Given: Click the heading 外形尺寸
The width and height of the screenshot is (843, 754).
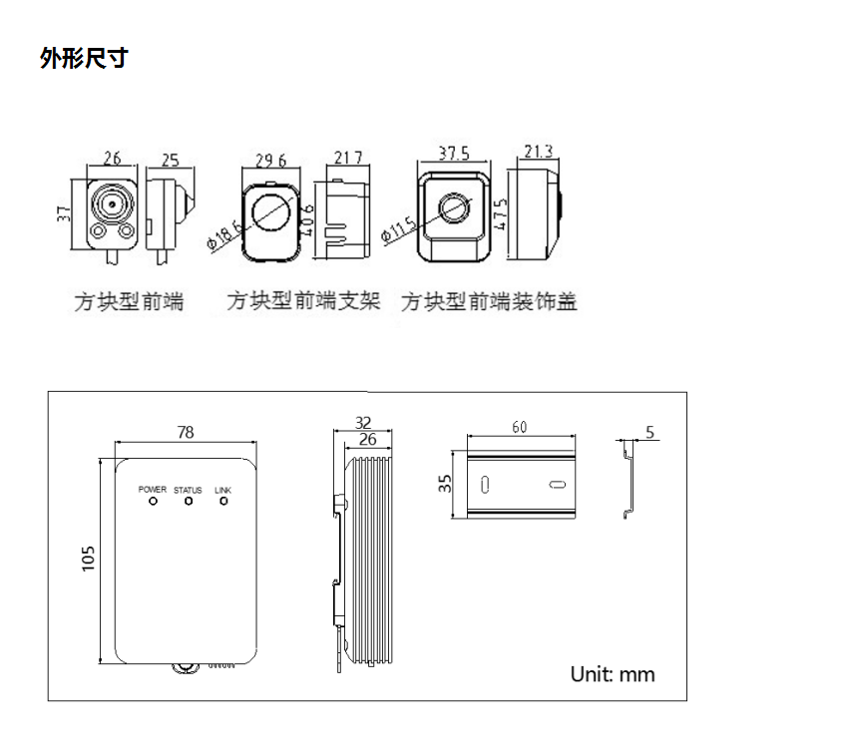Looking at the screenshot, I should point(84,59).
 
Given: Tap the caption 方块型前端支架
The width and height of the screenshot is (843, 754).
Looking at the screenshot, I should point(303,301).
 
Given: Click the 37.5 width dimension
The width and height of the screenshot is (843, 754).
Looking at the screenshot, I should point(454,153).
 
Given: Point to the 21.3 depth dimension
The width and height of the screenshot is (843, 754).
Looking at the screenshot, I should point(538,152).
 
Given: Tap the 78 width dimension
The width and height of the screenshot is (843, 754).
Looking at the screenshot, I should point(186,432).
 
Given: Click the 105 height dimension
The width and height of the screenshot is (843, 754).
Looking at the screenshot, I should point(89,559).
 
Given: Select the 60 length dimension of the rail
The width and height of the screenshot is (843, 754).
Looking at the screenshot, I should point(520,427).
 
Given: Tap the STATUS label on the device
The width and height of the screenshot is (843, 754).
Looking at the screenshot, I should point(188,490).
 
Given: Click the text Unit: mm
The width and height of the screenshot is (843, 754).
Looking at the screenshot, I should point(613,674).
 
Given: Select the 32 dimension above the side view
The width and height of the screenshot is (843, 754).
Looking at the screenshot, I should point(363,422).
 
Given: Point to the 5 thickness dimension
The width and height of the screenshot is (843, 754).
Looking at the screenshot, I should point(650,432).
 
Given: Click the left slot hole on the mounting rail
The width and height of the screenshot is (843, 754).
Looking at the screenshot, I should point(484,485).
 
